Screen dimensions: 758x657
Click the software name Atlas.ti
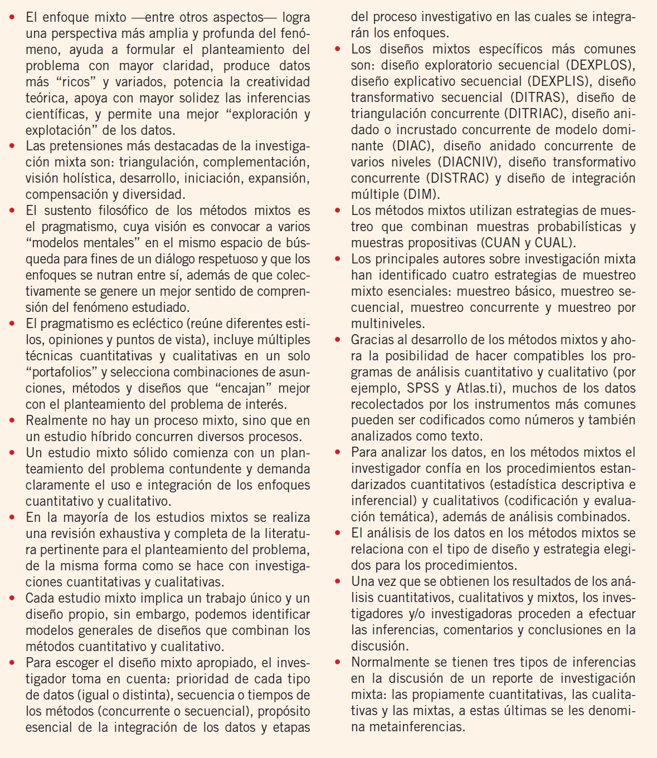pyautogui.click(x=483, y=388)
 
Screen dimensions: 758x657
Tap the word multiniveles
pyautogui.click(x=387, y=324)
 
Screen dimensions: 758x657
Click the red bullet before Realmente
pyautogui.click(x=13, y=421)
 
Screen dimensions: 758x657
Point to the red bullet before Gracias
pyautogui.click(x=338, y=340)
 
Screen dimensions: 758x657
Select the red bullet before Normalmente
pyautogui.click(x=338, y=663)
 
